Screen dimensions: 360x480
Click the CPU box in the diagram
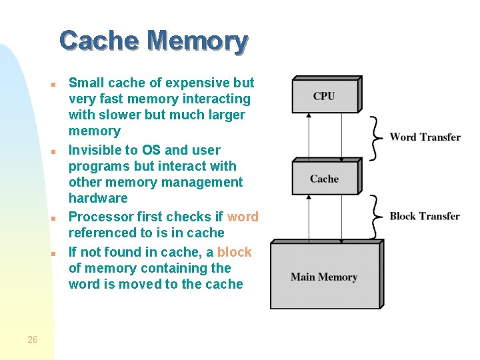click(325, 97)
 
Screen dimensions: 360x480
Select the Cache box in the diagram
click(325, 179)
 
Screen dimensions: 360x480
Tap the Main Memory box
click(324, 277)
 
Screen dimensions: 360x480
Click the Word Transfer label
click(425, 137)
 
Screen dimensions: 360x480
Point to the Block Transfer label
click(425, 216)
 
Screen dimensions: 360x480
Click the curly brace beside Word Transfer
click(377, 137)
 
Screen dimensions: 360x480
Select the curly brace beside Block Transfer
click(377, 216)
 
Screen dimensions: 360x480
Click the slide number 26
click(33, 340)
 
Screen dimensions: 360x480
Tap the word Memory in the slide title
click(198, 41)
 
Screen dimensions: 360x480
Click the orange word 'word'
click(243, 217)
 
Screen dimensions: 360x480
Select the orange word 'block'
click(234, 252)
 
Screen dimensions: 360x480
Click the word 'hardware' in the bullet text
click(98, 198)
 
